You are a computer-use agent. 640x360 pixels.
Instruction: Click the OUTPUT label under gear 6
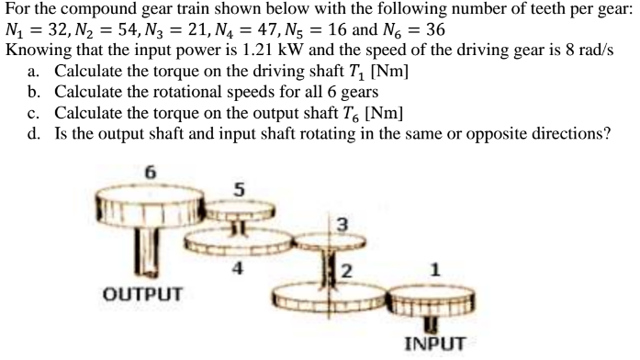(142, 296)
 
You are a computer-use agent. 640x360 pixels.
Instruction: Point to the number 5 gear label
(239, 191)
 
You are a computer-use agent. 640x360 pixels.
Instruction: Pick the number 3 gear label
(342, 223)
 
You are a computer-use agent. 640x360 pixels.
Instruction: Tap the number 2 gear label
(346, 270)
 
